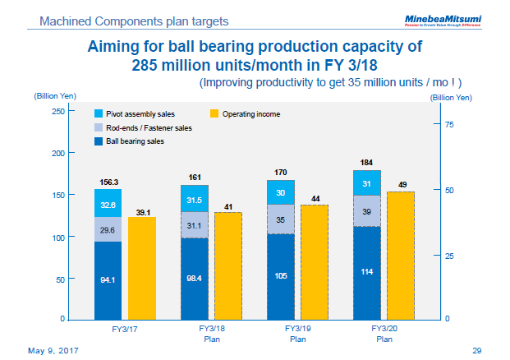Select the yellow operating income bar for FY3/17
point(142,267)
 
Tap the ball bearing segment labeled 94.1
point(108,279)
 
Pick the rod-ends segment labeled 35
point(281,219)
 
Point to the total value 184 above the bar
point(367,163)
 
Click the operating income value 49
point(402,184)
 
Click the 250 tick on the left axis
point(57,111)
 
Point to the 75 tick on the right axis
point(448,124)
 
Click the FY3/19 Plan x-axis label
point(297,333)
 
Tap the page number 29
point(476,350)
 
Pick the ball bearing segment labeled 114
point(367,272)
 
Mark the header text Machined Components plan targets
point(135,19)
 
